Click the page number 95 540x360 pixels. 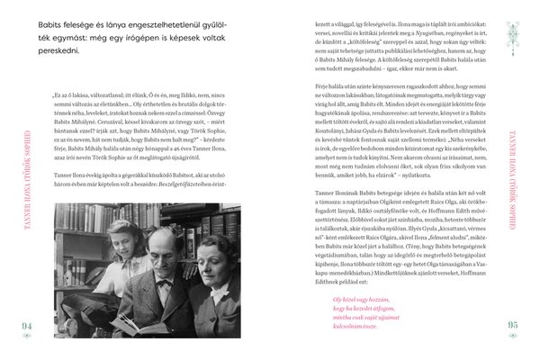click(x=514, y=325)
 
